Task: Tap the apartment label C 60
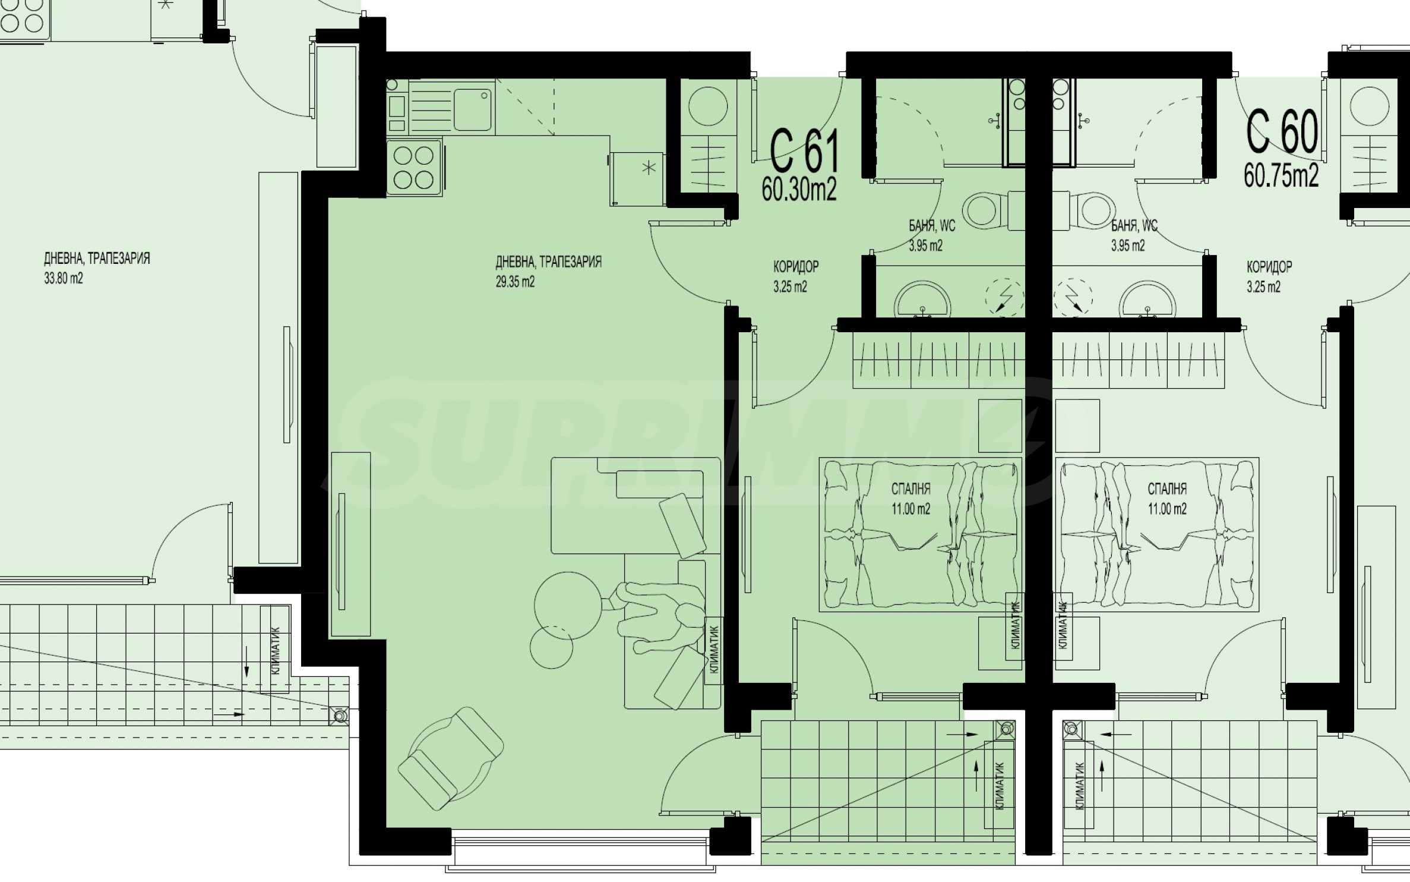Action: (1282, 131)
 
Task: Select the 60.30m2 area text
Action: (799, 190)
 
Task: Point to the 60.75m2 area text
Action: (1281, 175)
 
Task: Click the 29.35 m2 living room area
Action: (515, 282)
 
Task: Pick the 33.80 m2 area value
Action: (64, 278)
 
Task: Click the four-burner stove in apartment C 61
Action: (414, 167)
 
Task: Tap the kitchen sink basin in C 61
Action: (473, 110)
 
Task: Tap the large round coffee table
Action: (568, 605)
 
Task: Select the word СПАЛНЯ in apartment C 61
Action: (911, 489)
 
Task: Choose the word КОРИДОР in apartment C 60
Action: (1269, 266)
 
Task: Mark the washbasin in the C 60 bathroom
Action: (1147, 301)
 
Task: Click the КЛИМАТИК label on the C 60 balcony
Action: (1079, 786)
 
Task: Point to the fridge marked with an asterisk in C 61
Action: (637, 178)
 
